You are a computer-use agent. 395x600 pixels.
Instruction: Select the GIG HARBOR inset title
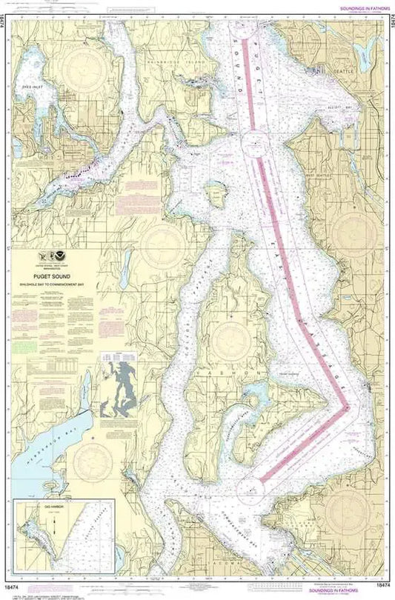[x=35, y=507]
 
